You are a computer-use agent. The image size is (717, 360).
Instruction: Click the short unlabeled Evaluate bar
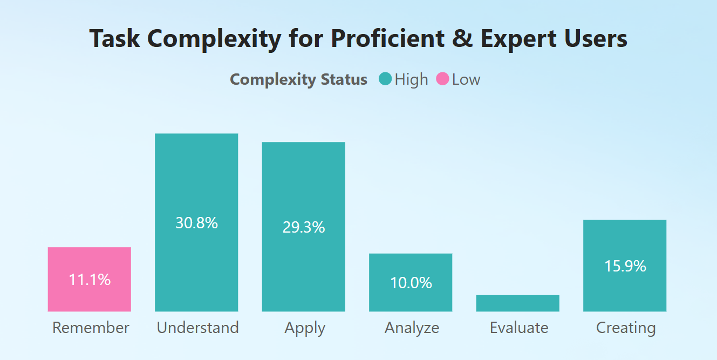click(517, 303)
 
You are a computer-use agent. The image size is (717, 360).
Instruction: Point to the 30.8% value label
click(196, 222)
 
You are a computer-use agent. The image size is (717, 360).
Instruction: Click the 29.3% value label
click(303, 227)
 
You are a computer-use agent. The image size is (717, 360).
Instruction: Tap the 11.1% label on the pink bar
click(90, 280)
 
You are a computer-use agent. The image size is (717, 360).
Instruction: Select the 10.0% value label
click(411, 283)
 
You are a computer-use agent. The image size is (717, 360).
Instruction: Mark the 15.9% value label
click(625, 266)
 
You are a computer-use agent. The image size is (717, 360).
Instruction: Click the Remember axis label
click(91, 328)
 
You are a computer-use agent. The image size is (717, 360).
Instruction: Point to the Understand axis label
click(197, 328)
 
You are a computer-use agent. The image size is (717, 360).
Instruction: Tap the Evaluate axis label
click(518, 328)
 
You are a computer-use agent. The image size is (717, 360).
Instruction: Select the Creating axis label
click(626, 328)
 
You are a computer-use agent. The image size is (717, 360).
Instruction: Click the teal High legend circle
click(385, 79)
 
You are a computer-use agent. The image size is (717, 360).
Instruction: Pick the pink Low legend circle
click(442, 79)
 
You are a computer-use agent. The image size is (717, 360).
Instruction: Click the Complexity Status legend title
click(298, 79)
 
